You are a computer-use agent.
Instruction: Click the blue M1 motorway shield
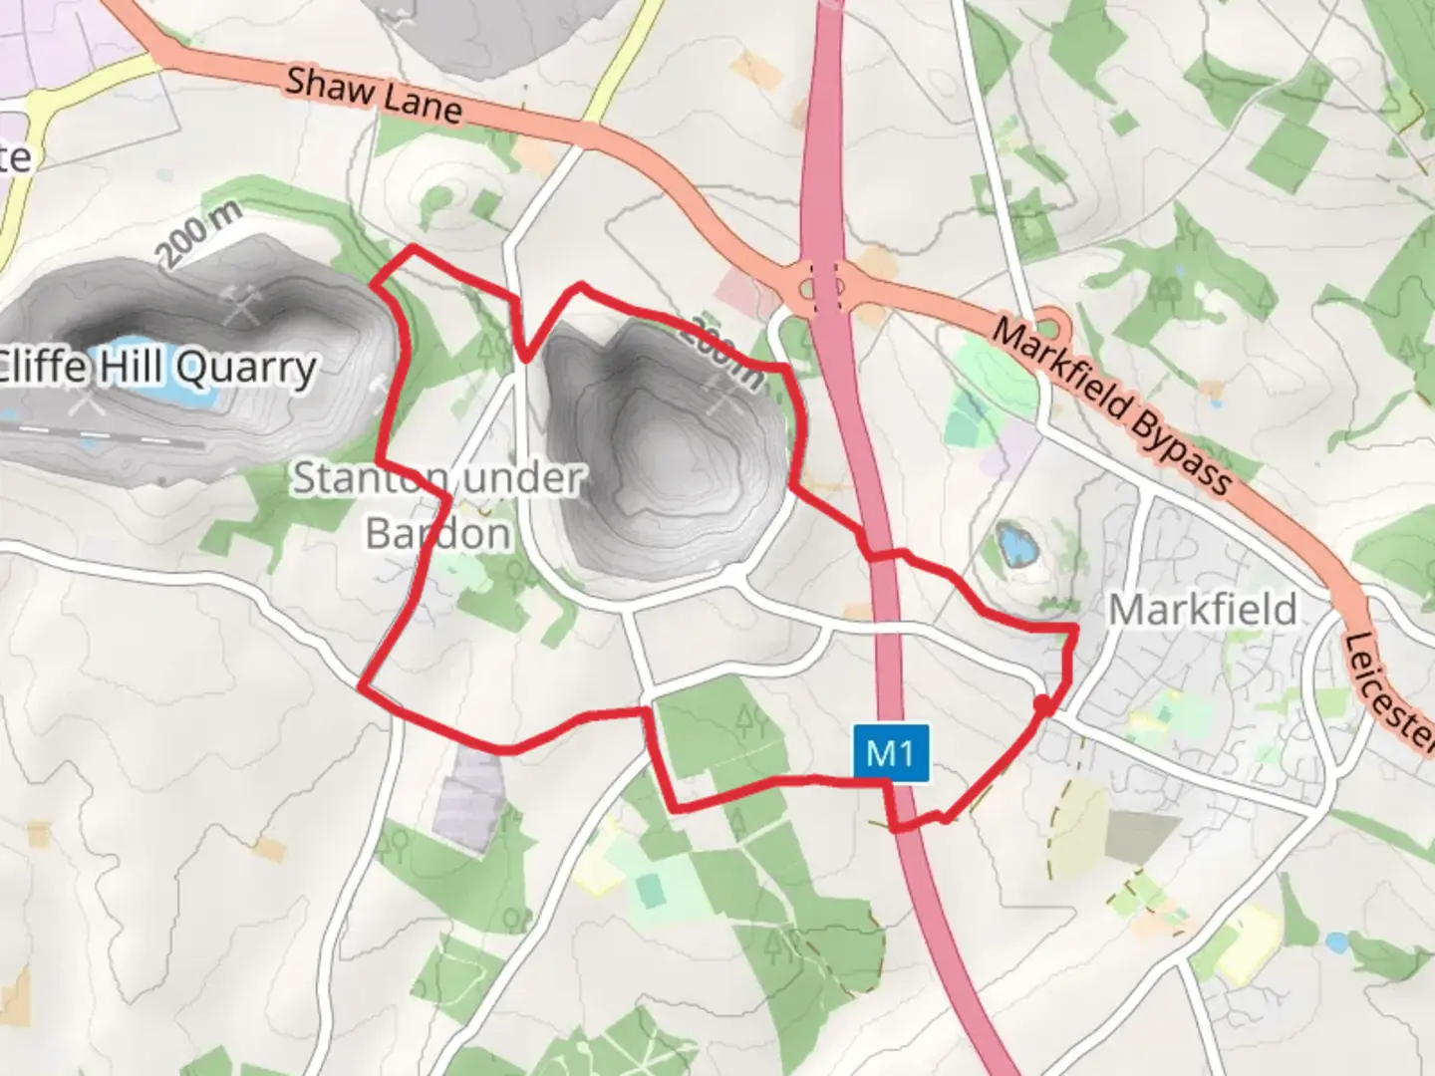pos(890,751)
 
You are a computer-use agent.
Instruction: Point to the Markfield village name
pos(1203,609)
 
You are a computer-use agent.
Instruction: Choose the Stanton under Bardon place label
pos(437,505)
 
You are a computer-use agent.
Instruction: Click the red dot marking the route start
pos(1042,704)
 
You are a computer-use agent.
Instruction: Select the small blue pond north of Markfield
pos(1013,545)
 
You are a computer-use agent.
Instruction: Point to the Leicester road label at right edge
pos(1389,687)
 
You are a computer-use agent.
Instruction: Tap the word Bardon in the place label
pos(437,534)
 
